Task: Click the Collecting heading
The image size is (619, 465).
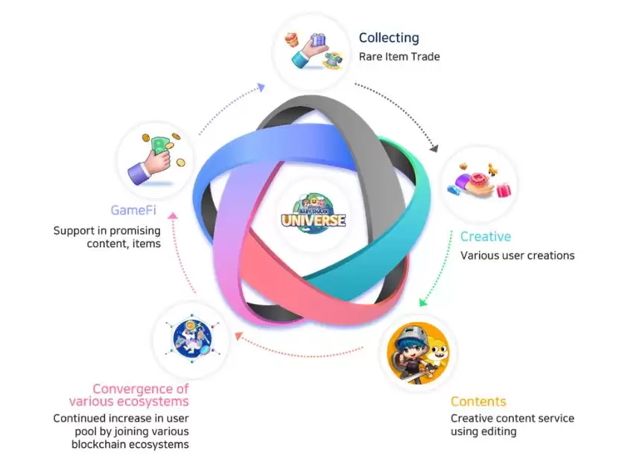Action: [389, 38]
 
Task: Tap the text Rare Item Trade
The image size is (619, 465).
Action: [399, 57]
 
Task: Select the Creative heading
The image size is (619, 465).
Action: [485, 237]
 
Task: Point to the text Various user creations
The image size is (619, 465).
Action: [517, 256]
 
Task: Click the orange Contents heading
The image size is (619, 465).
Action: [478, 402]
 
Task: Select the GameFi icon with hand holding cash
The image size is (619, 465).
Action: [154, 159]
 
